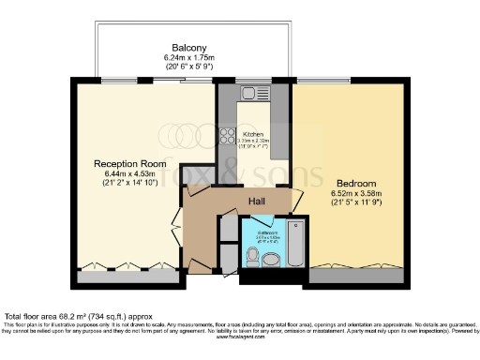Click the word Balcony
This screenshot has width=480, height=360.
click(x=188, y=48)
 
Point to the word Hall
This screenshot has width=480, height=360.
click(x=260, y=202)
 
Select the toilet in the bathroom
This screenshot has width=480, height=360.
click(x=268, y=263)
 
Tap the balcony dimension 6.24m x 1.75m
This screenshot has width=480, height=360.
click(x=188, y=58)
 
